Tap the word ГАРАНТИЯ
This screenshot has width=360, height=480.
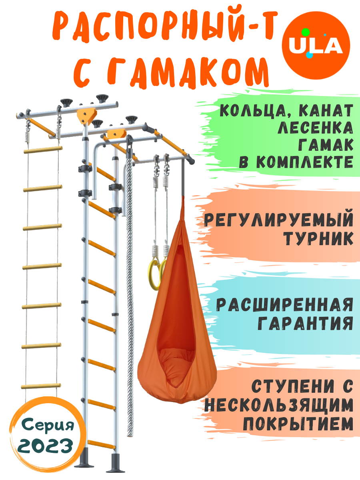(305, 322)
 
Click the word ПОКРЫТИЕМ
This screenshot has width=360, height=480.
(298, 424)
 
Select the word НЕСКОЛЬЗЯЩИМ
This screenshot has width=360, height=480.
(279, 405)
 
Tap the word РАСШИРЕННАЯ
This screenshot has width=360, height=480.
(285, 305)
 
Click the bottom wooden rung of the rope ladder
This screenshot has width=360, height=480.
(41, 386)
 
